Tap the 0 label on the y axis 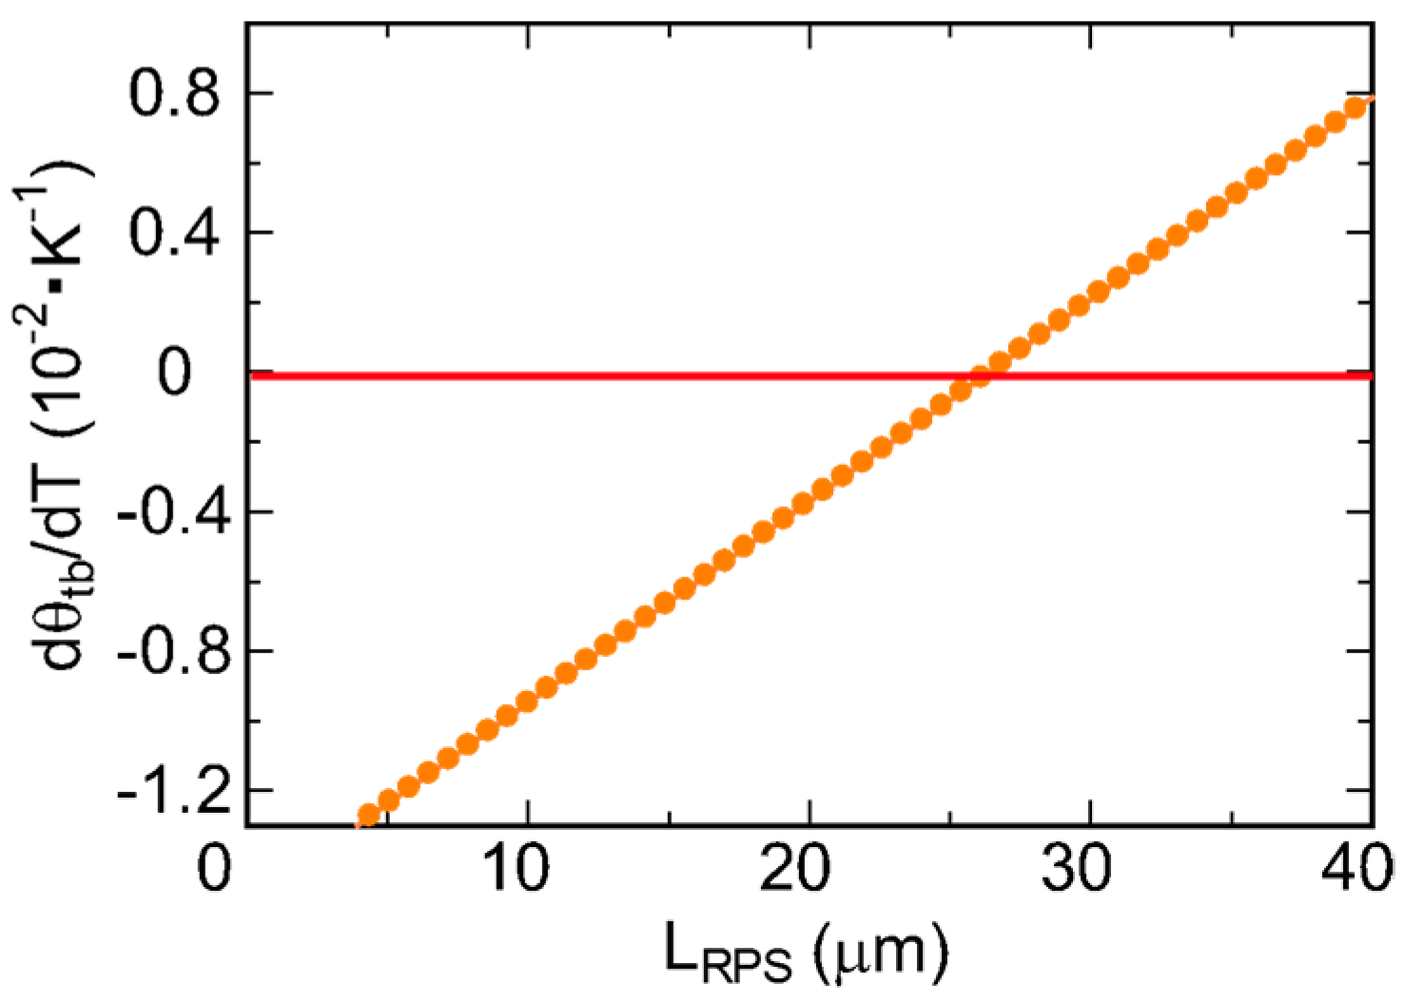point(174,373)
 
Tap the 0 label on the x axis point(215,868)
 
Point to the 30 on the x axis point(1078,868)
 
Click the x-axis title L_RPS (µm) point(805,956)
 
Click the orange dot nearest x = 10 point(526,703)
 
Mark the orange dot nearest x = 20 point(803,504)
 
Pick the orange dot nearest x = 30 point(1079,306)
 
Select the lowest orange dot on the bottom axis point(368,816)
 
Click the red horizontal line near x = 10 point(526,376)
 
